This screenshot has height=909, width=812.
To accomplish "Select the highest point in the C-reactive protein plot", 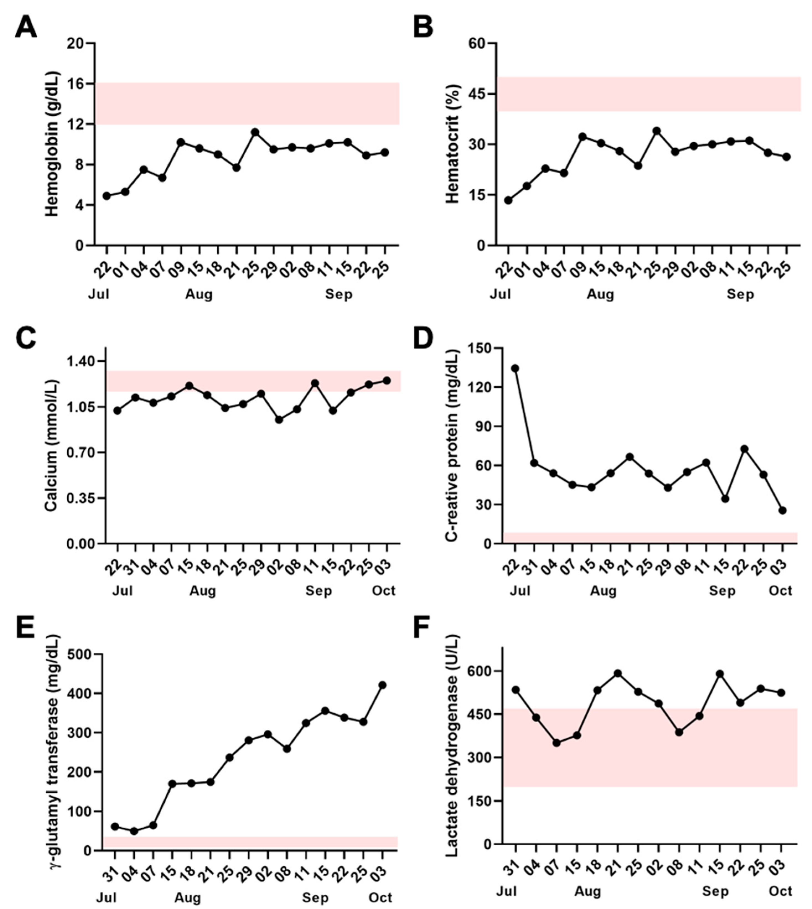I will (x=515, y=368).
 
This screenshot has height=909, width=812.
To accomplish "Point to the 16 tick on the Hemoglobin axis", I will (x=76, y=84).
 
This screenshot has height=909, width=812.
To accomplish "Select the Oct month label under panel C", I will (x=384, y=591).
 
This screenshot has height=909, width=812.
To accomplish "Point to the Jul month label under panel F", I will (x=506, y=891).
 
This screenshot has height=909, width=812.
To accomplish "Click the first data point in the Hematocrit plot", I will (x=508, y=200).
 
